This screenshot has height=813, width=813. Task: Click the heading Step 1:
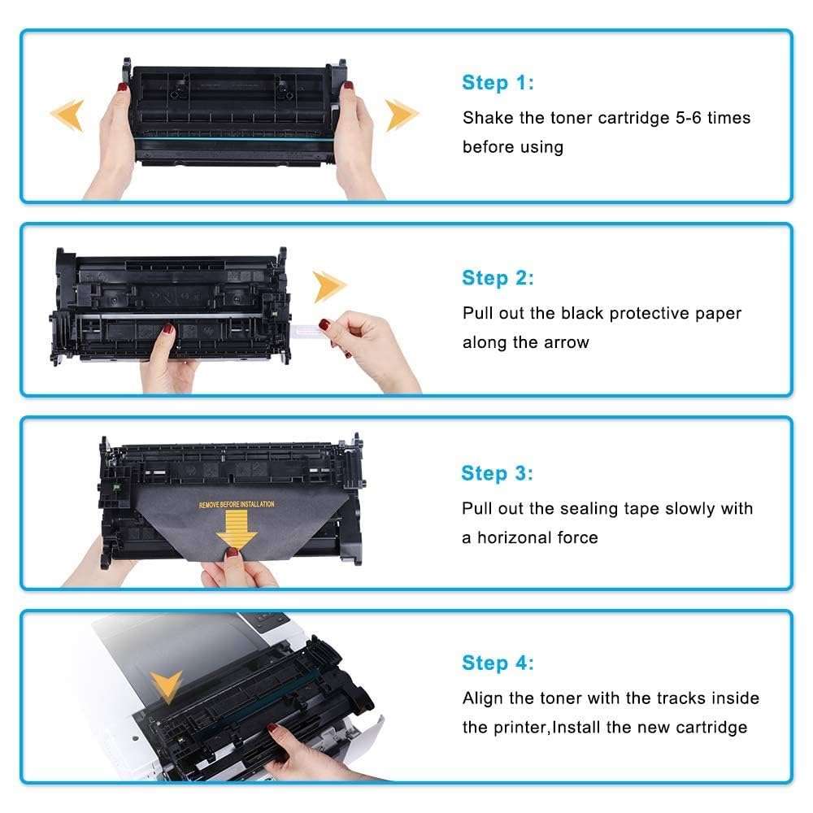pyautogui.click(x=498, y=82)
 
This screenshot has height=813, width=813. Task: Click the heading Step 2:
pyautogui.click(x=498, y=278)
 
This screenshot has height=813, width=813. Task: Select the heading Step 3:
pyautogui.click(x=497, y=473)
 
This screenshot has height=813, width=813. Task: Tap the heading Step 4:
pyautogui.click(x=498, y=663)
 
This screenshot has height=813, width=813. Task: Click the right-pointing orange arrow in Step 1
pyautogui.click(x=402, y=115)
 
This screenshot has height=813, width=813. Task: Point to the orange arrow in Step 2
pyautogui.click(x=330, y=286)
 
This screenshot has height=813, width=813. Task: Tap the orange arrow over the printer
pyautogui.click(x=168, y=687)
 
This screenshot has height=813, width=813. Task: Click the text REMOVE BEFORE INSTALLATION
pyautogui.click(x=237, y=505)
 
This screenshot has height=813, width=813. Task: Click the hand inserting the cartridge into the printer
pyautogui.click(x=313, y=760)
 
